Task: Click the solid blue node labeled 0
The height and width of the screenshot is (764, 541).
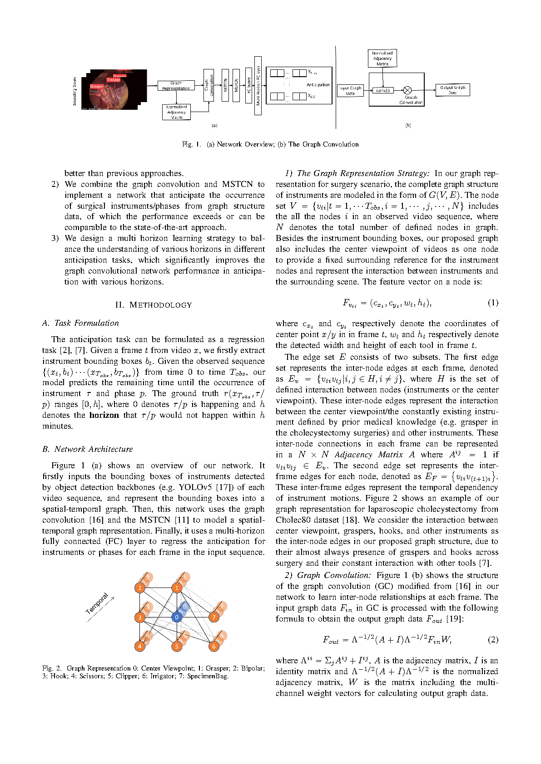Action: tap(177, 617)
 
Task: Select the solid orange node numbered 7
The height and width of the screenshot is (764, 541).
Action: tap(214, 617)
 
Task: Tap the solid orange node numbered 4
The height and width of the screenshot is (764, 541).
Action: tap(140, 646)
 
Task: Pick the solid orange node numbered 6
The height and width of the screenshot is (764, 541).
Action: tap(214, 646)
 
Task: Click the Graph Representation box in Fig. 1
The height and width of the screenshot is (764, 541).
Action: tap(176, 86)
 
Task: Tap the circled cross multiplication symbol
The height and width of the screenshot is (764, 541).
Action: tap(407, 90)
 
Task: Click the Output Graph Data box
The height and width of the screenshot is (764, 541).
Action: tap(452, 90)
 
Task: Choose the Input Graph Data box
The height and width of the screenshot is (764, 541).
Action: tap(350, 91)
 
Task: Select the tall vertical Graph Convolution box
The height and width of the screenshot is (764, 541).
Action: tap(209, 85)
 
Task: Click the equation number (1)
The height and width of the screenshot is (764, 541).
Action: tap(492, 303)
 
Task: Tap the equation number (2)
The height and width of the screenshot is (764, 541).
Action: tap(492, 640)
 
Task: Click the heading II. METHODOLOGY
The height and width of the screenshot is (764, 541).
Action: tap(154, 305)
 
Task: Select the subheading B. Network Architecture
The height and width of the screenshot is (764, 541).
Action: tap(88, 449)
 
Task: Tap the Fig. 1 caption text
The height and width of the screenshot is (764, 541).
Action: tap(270, 144)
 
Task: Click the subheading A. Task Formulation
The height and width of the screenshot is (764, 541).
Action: tap(80, 323)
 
